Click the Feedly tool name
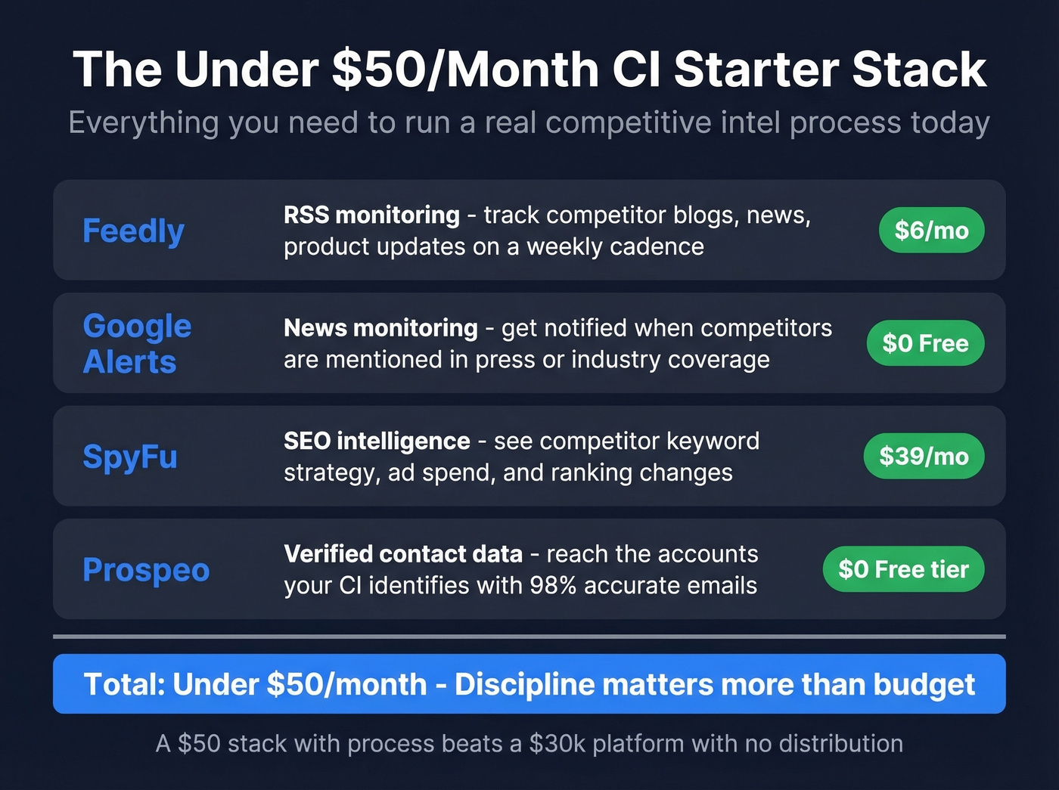pos(133,231)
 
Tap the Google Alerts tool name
pos(137,343)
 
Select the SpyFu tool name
pos(130,456)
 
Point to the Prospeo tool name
pos(146,569)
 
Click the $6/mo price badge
pos(931,230)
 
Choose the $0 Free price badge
pos(925,343)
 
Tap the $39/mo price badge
pos(924,456)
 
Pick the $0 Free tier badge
pos(903,569)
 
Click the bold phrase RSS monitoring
pos(371,215)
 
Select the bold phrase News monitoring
pos(380,328)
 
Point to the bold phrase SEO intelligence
pos(377,441)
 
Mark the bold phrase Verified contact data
pos(403,554)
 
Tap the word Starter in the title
pos(756,70)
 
